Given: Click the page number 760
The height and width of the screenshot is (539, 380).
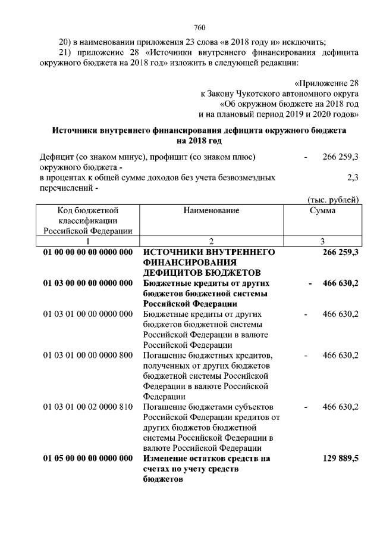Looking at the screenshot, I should pos(199,27).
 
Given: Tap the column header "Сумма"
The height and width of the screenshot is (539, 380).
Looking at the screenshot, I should pos(322,210).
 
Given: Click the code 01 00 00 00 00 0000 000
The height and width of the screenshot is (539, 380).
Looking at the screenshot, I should pos(87,252).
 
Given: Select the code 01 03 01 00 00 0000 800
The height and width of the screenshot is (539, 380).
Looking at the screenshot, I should pos(87,356).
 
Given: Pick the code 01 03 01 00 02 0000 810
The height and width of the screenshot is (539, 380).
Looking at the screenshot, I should pos(87,407).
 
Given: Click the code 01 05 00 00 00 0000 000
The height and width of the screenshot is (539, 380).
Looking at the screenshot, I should pos(87,458).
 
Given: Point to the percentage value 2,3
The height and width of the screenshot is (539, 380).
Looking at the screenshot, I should pos(352,177).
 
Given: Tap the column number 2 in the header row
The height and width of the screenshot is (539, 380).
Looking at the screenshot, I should pos(211,241).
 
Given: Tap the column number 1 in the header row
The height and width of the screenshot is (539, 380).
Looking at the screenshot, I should pos(87,241).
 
